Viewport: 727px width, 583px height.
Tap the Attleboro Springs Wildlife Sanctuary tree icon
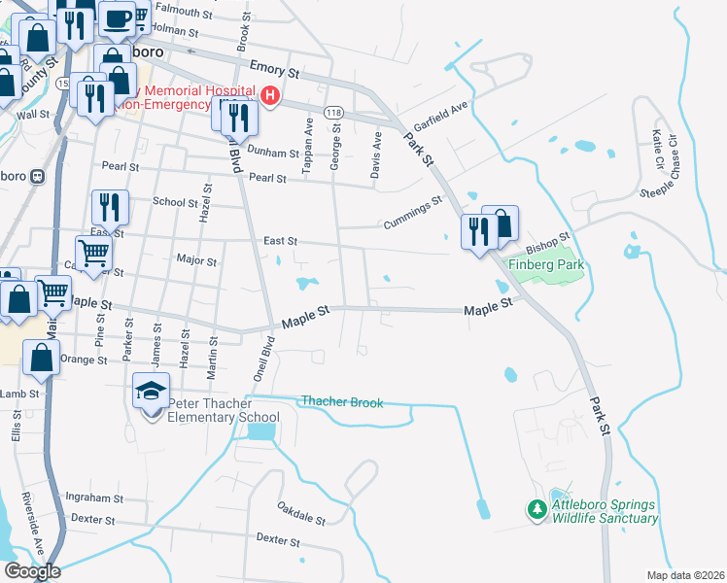[x=537, y=509]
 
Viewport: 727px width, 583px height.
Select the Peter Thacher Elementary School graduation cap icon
[x=152, y=392]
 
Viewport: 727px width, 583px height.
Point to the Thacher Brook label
[x=342, y=401]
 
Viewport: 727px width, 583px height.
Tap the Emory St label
[x=276, y=71]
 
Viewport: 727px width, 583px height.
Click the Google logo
[x=31, y=571]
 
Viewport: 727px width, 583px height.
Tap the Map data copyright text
[x=686, y=575]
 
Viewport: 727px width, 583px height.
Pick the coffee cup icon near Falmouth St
[x=117, y=17]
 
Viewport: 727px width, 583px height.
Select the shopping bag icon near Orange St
[x=41, y=359]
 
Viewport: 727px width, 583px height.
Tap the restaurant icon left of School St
[x=108, y=207]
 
